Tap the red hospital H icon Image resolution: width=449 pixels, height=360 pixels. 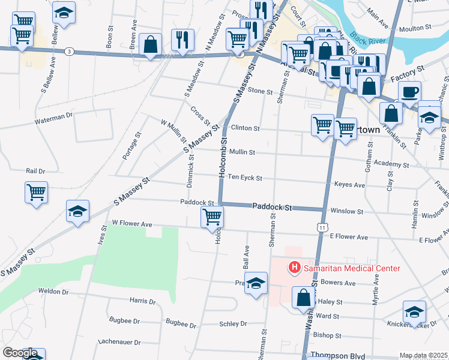295,267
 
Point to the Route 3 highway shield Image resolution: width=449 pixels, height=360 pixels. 70,52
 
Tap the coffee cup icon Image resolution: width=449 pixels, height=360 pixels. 410,93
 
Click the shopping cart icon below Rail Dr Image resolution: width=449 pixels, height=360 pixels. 37,193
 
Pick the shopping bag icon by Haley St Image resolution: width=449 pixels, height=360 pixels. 304,297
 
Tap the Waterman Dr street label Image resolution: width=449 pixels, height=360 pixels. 53,115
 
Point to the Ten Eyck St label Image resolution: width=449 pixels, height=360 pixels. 245,178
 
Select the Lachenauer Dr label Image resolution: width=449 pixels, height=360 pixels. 119,342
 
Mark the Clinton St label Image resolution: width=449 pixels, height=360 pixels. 245,128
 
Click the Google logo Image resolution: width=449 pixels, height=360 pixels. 20,353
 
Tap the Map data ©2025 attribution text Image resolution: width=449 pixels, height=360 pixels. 423,355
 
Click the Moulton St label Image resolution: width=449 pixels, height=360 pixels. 411,28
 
